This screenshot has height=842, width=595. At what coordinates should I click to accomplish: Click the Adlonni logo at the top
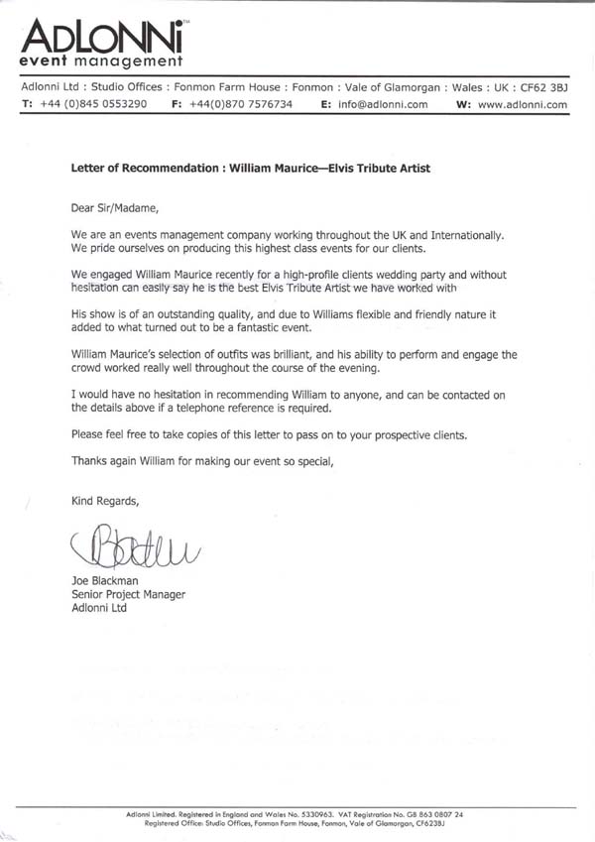pos(105,39)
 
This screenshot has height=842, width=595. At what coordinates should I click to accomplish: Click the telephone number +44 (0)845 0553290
pos(94,104)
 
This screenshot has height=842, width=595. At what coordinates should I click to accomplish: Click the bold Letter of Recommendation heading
pos(251,169)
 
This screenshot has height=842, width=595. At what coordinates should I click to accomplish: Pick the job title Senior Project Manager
pos(128,595)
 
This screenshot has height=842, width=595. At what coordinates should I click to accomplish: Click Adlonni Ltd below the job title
pos(98,608)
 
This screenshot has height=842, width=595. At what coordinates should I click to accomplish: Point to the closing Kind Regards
pos(105,501)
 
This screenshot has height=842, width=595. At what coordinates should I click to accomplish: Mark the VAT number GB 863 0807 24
pos(437,814)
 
